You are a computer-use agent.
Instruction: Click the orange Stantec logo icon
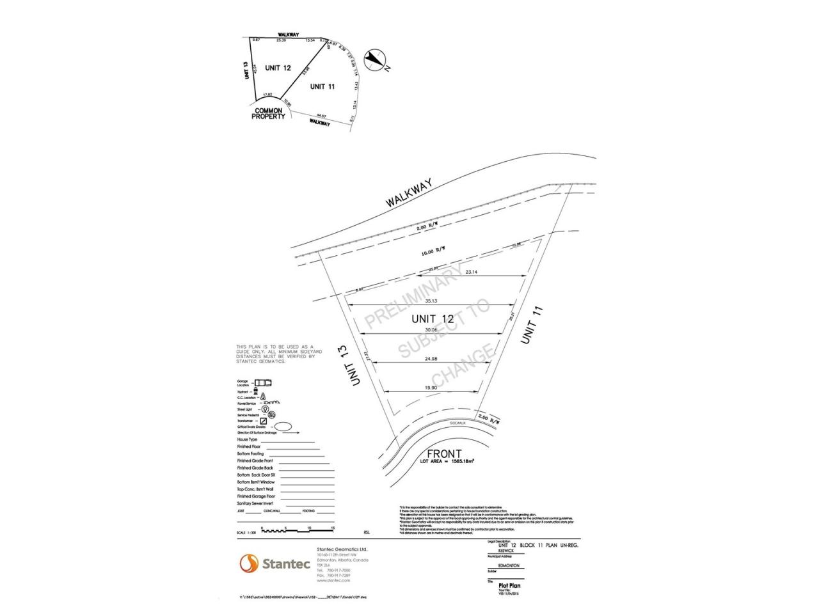pos(248,563)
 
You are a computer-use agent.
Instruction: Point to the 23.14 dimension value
pos(472,272)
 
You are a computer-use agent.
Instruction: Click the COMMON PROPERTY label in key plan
pos(268,114)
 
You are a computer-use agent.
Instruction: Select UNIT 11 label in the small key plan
pos(322,86)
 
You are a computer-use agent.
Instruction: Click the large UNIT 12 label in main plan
pos(433,319)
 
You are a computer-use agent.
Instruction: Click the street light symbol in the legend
pos(264,409)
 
